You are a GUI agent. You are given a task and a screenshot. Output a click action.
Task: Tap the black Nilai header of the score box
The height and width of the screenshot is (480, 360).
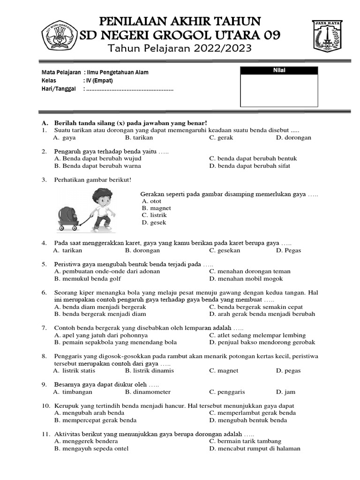point(279,71)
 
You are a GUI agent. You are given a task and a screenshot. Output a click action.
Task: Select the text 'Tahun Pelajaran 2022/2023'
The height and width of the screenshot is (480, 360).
point(180,48)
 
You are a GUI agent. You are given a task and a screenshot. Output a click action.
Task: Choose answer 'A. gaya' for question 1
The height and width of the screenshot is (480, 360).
point(65,138)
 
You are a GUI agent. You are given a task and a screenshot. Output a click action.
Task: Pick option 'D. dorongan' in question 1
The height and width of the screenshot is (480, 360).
point(293,138)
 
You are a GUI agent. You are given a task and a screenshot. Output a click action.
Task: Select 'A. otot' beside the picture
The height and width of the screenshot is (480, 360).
point(151,201)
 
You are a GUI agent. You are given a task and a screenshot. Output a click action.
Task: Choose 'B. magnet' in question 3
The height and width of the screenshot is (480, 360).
point(156,208)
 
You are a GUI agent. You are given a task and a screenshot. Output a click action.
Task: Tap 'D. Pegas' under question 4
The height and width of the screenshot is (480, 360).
point(288,250)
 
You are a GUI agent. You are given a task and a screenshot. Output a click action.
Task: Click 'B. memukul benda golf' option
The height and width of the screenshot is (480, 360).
point(87,278)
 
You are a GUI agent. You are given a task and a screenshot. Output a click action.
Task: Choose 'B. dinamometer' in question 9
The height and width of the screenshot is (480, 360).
point(148,392)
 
